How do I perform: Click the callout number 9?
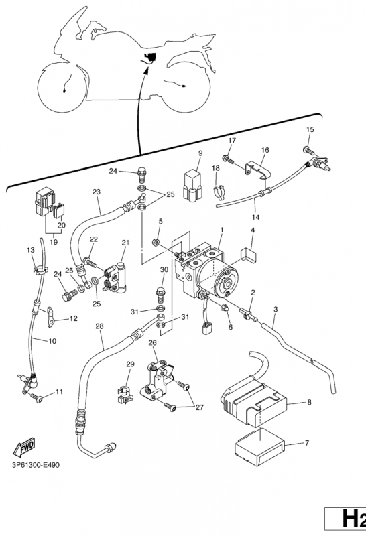(x=200, y=153)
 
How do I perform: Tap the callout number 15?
(x=310, y=129)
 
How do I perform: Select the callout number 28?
(x=99, y=326)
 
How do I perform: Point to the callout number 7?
(x=307, y=443)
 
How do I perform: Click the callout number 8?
(x=309, y=402)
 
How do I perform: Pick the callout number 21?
(x=125, y=243)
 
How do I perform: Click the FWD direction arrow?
(x=24, y=446)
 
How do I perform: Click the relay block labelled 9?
(x=194, y=186)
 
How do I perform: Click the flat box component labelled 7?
(x=259, y=448)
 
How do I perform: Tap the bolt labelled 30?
(x=160, y=294)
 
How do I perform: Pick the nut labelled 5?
(x=156, y=243)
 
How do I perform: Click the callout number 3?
(x=276, y=310)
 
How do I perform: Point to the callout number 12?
(x=74, y=318)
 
